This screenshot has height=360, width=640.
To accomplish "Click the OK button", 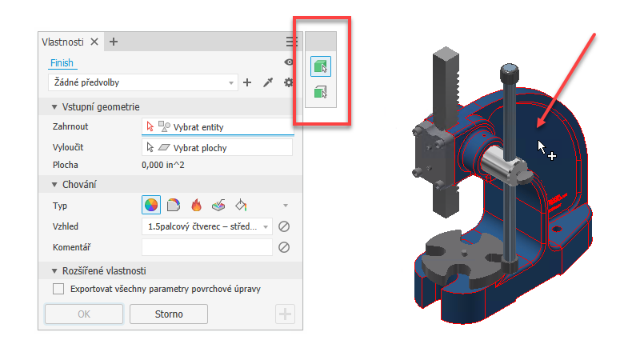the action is pos(84,314).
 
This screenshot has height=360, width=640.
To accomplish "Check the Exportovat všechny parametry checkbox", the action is pos(58,289).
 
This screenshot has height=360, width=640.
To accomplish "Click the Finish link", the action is pos(62,63).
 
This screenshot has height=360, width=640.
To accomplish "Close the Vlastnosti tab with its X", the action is pos(94,42).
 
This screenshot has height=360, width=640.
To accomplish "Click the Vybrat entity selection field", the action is pos(218,127).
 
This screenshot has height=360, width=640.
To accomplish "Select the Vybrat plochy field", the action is pos(217,148).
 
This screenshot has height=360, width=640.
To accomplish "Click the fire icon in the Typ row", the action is pos(196,205).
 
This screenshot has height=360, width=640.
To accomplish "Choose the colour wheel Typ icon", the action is pos(151,205).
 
